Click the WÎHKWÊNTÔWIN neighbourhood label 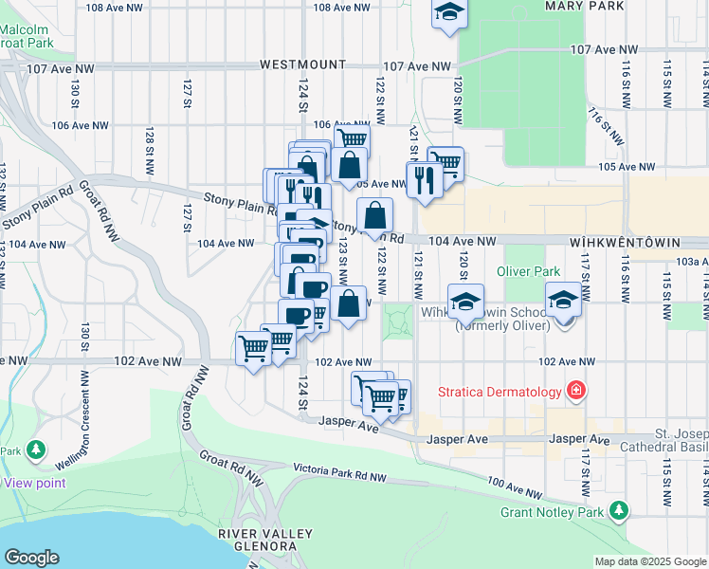coord(639,243)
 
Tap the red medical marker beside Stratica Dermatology coord(574,391)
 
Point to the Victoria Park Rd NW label coord(339,469)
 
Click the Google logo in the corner coord(32,557)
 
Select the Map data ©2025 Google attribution coord(650,561)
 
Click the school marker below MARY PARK coord(448,13)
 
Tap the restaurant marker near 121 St coord(424,177)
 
